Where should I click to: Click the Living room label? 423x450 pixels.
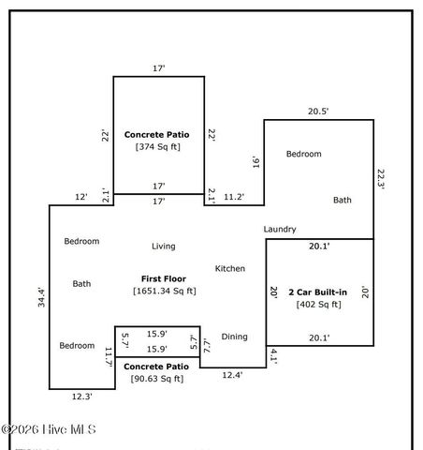(x=164, y=247)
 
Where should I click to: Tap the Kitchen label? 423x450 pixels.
(x=230, y=269)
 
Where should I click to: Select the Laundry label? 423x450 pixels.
(x=280, y=229)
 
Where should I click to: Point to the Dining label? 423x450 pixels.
(x=235, y=337)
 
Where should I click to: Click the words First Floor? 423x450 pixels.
(x=164, y=278)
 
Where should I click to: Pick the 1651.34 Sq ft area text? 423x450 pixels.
(x=164, y=291)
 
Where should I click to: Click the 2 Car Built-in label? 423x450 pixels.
(x=319, y=292)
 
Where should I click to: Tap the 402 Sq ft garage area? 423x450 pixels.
(x=319, y=304)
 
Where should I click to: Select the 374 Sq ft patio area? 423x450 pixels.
(x=157, y=147)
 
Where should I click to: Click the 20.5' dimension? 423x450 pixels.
(x=319, y=111)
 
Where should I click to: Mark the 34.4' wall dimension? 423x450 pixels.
(x=41, y=297)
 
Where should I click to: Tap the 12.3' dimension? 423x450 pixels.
(x=81, y=397)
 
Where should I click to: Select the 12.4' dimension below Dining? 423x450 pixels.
(x=233, y=376)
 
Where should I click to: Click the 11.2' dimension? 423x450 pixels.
(x=235, y=197)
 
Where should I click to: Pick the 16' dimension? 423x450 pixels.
(x=255, y=161)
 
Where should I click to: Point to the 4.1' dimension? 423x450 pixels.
(x=274, y=354)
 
